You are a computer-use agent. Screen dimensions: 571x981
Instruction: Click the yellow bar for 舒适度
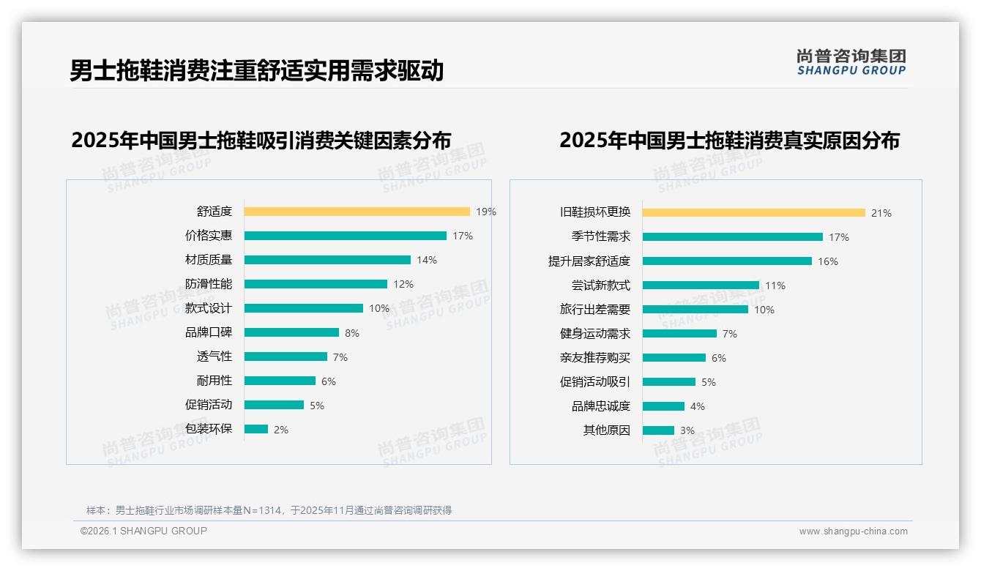(357, 212)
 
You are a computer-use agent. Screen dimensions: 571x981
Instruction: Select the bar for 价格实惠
(345, 236)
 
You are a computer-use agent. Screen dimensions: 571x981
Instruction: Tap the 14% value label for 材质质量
(427, 260)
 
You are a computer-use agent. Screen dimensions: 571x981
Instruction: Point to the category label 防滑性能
(209, 284)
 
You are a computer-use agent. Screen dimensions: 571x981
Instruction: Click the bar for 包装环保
(256, 429)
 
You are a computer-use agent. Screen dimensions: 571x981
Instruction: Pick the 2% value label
(281, 430)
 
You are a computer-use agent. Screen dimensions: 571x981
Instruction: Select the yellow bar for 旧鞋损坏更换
(754, 213)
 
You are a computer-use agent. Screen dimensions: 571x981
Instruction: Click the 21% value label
(881, 213)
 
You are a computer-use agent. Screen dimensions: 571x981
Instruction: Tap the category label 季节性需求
(601, 237)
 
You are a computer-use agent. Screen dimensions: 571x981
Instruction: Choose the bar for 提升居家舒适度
(727, 261)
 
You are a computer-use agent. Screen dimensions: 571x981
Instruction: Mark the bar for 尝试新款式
(701, 285)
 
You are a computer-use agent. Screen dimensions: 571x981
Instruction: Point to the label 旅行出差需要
(595, 310)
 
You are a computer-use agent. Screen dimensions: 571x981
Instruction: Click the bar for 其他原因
(658, 430)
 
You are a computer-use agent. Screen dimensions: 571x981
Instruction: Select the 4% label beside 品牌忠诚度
(698, 406)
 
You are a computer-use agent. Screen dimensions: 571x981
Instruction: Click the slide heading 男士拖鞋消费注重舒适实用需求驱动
(257, 70)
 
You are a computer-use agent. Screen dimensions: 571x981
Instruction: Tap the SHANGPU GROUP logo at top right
(851, 62)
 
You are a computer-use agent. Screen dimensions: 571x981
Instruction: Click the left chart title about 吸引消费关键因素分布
(261, 140)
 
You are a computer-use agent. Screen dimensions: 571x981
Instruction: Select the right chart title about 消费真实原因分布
(729, 140)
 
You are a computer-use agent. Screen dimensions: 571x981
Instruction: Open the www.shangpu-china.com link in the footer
(853, 531)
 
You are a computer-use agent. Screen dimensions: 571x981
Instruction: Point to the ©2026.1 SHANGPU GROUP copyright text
(143, 531)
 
